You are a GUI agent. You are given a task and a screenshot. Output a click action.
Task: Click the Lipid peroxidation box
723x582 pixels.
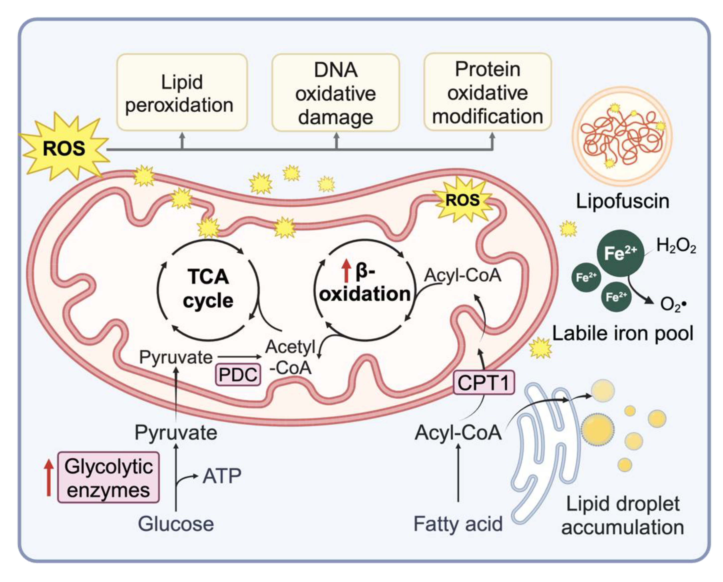[182, 92]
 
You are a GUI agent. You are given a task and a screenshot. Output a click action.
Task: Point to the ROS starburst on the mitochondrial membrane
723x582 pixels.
[462, 200]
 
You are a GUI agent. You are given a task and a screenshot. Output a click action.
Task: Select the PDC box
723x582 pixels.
[238, 375]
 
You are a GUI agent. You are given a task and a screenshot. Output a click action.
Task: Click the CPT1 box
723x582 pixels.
[484, 383]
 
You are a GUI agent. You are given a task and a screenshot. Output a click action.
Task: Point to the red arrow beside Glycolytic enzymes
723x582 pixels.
[49, 477]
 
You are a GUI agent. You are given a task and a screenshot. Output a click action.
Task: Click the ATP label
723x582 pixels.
[222, 475]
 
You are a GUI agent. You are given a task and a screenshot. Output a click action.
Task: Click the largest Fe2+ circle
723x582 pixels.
[620, 253]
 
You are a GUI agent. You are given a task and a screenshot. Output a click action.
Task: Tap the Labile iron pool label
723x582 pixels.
[623, 333]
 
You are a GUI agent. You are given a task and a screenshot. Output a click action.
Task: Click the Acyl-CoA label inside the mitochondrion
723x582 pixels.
[463, 276]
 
